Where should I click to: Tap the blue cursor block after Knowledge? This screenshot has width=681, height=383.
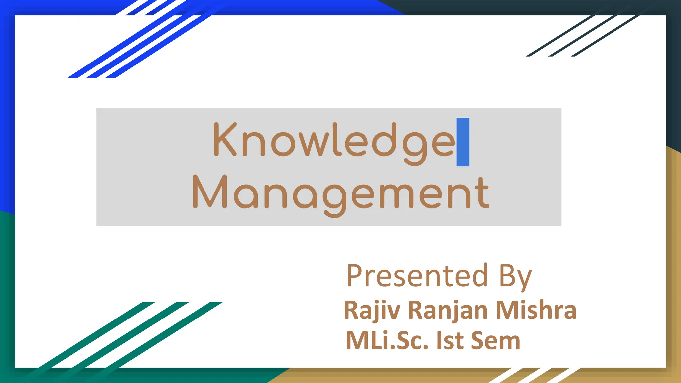coord(463,142)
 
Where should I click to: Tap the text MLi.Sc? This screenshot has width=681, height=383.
coord(387,340)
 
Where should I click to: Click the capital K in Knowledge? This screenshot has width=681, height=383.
coord(225,139)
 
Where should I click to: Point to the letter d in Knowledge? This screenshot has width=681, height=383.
coord(385,140)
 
